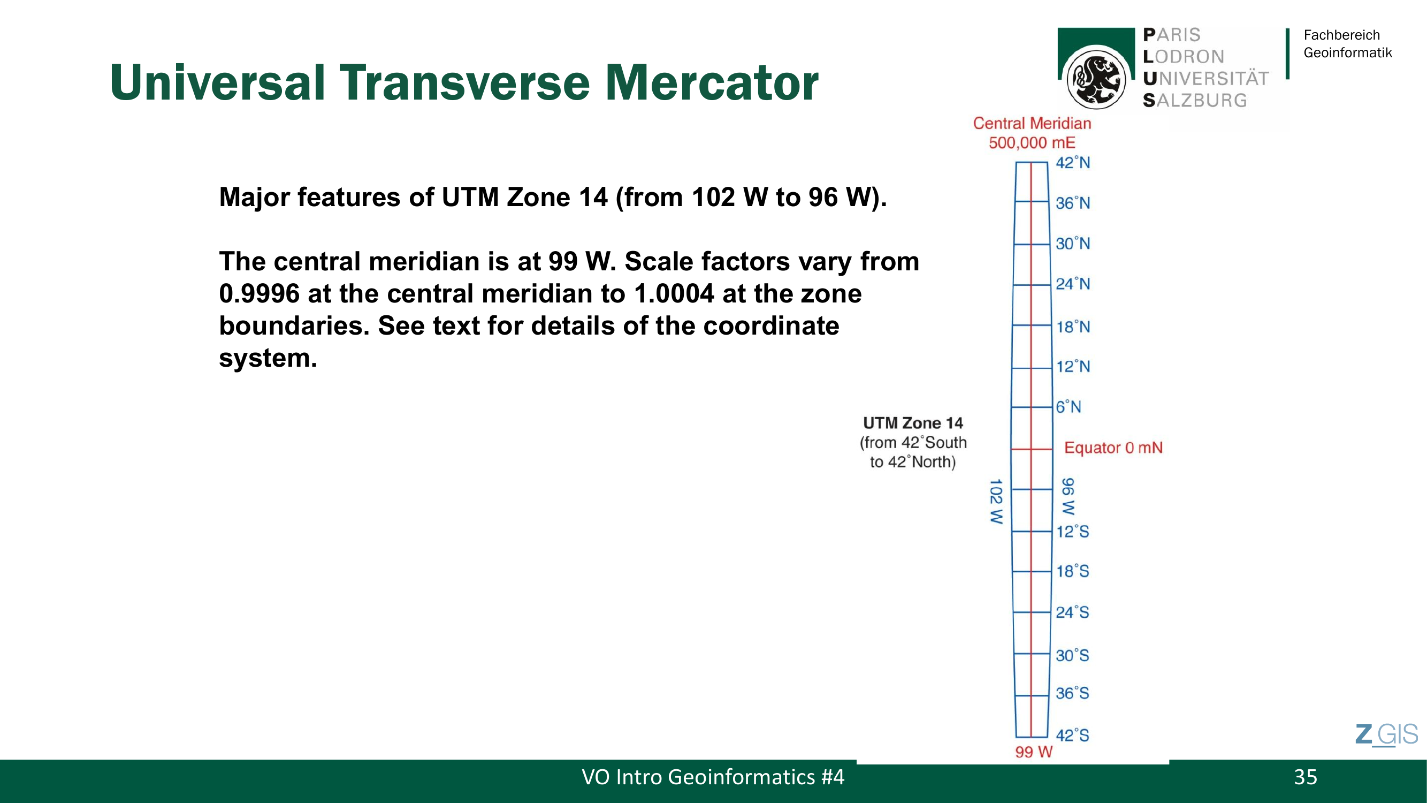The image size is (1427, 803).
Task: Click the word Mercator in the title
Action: [711, 82]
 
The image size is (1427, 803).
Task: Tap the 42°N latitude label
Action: [1072, 163]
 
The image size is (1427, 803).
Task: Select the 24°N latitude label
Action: [1072, 284]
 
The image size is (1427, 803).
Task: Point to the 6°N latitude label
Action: [1068, 407]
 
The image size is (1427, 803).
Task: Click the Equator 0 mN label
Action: [1113, 448]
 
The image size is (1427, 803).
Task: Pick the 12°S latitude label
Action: [1072, 532]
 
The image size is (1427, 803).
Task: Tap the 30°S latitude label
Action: [1072, 656]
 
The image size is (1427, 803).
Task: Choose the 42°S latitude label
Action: [1072, 736]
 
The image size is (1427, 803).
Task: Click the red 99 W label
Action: [1034, 752]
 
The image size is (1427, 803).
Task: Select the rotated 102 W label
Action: [996, 502]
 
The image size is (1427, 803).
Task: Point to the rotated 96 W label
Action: [1067, 496]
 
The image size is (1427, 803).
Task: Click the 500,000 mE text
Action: [1032, 143]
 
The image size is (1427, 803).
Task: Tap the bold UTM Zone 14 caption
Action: [913, 423]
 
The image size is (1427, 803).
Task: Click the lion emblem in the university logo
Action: [1096, 78]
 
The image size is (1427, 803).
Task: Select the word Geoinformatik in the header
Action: [1347, 52]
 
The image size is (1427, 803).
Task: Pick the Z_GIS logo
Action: [1386, 735]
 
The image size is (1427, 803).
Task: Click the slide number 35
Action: [1305, 777]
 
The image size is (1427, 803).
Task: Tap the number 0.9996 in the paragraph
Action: [260, 294]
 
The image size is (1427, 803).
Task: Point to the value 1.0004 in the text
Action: [674, 294]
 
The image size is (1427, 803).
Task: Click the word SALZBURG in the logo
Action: [1195, 100]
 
